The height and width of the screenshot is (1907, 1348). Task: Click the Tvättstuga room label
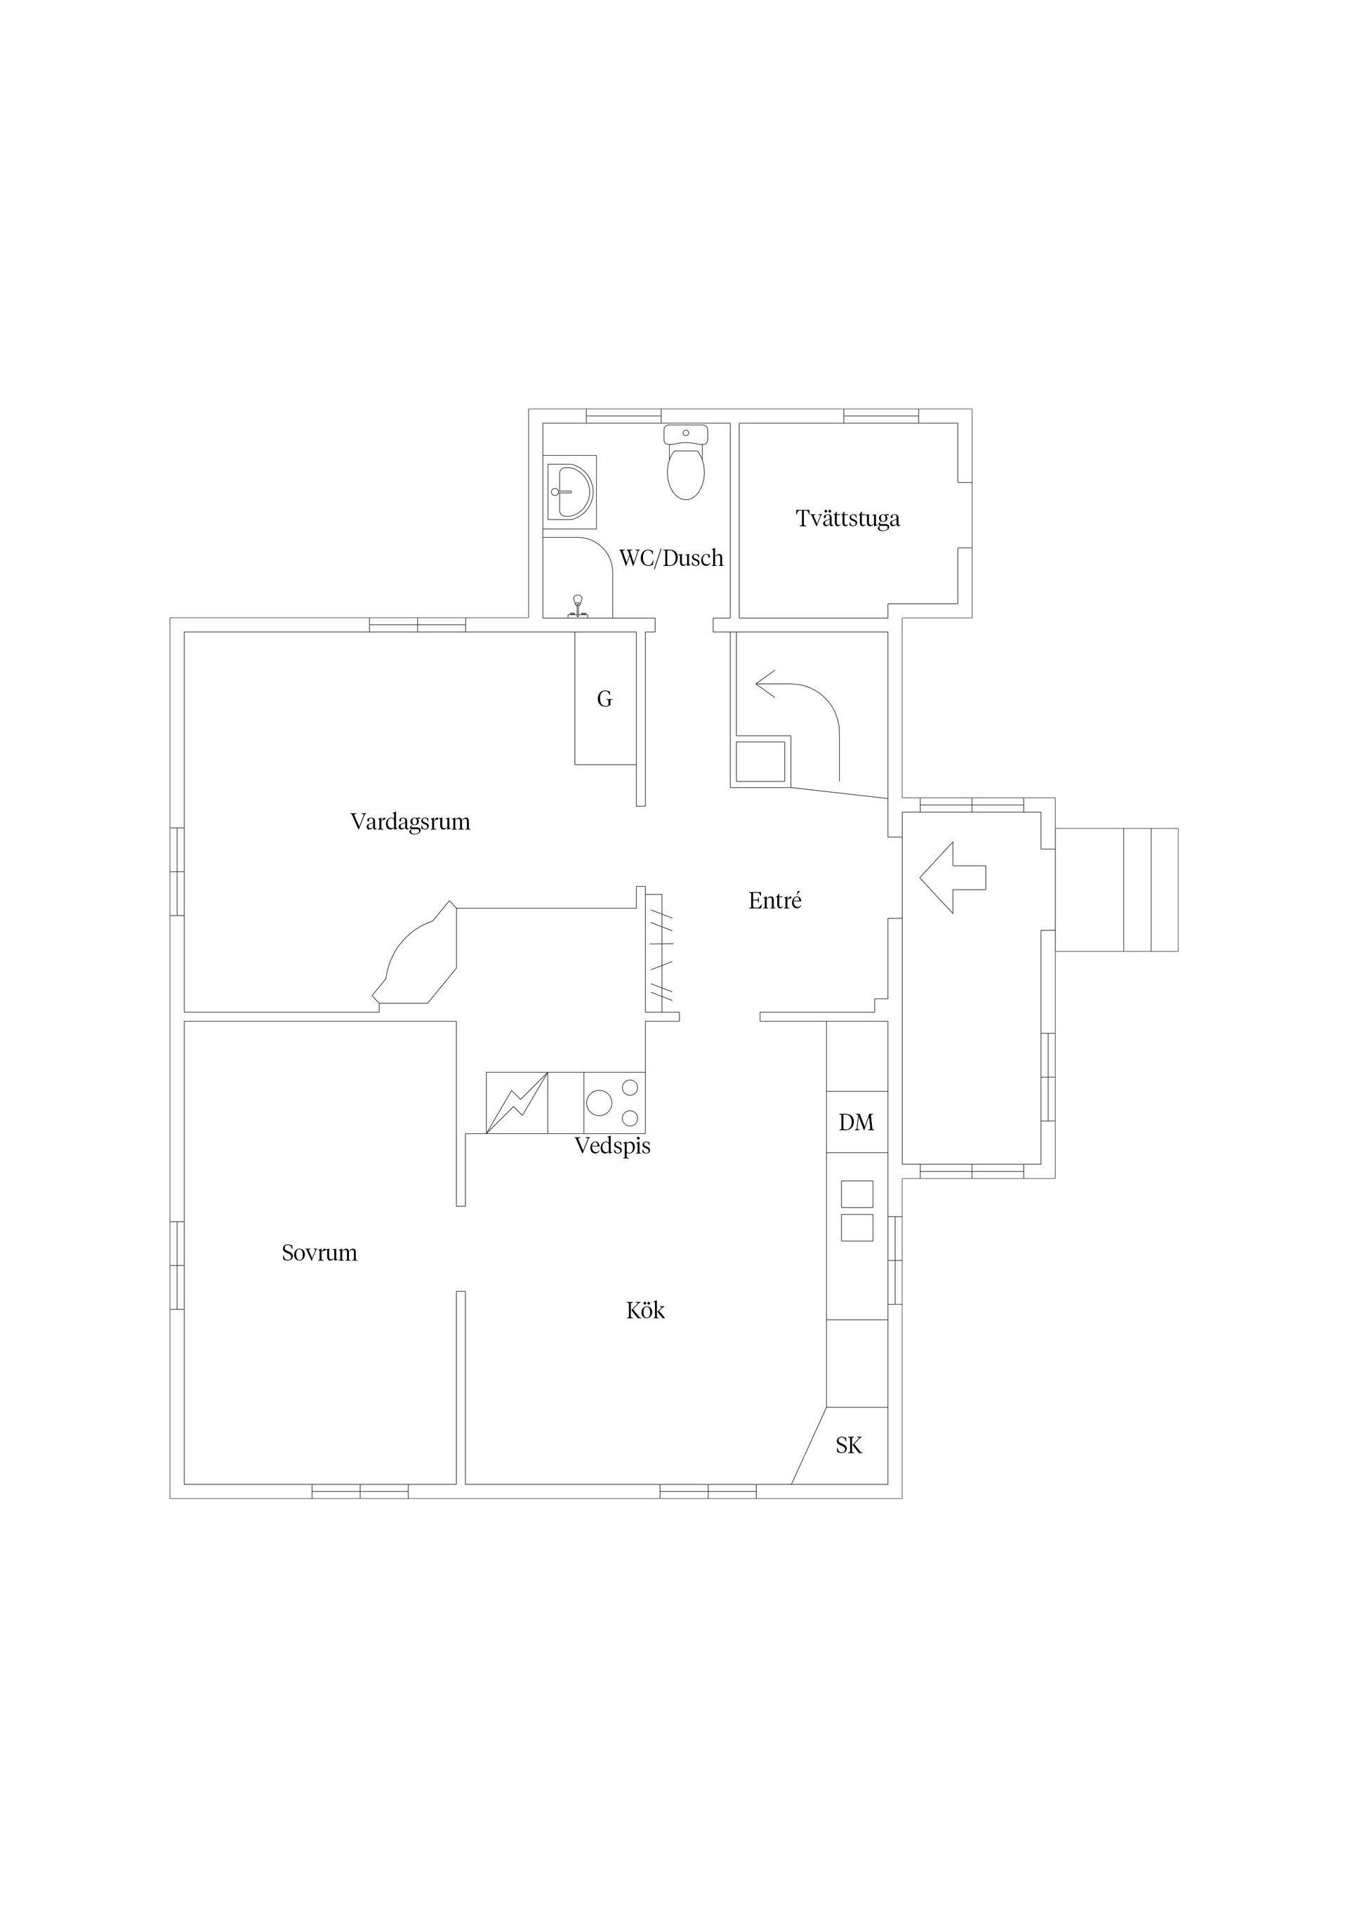pos(847,519)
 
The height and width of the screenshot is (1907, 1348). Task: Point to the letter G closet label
pos(604,699)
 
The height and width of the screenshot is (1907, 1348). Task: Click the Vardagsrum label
pos(410,822)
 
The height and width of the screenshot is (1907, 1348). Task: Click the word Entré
pos(774,901)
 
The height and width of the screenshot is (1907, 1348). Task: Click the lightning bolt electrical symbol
pos(517,1103)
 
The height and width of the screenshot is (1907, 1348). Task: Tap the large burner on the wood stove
pos(599,1103)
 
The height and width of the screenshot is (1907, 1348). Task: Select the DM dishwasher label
pos(857,1123)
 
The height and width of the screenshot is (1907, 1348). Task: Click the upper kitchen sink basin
pos(857,1194)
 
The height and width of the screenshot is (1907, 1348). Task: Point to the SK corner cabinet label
pos(849,1446)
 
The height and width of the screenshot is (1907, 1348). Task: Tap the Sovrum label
pos(319,1253)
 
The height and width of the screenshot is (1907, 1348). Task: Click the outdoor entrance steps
pos(1150,890)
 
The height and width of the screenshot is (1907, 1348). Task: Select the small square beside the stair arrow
pos(760,763)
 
